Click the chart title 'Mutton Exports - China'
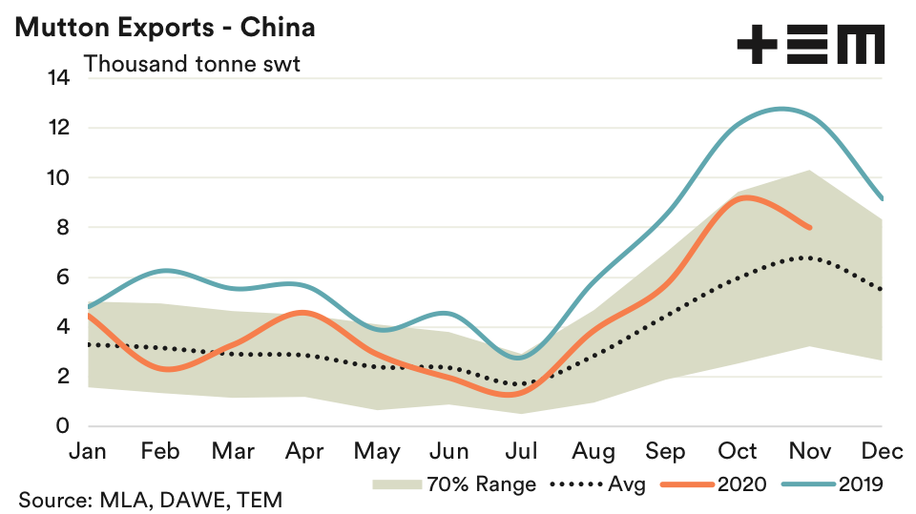[165, 27]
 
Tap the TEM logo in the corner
[810, 45]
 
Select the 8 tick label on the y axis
[63, 228]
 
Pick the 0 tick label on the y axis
[63, 426]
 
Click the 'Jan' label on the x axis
[89, 451]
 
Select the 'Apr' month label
[304, 451]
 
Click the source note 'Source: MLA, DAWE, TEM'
[150, 500]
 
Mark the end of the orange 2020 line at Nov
[810, 227]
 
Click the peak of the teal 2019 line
[782, 109]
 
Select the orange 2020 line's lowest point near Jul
[513, 393]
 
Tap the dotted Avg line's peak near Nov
[806, 257]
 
